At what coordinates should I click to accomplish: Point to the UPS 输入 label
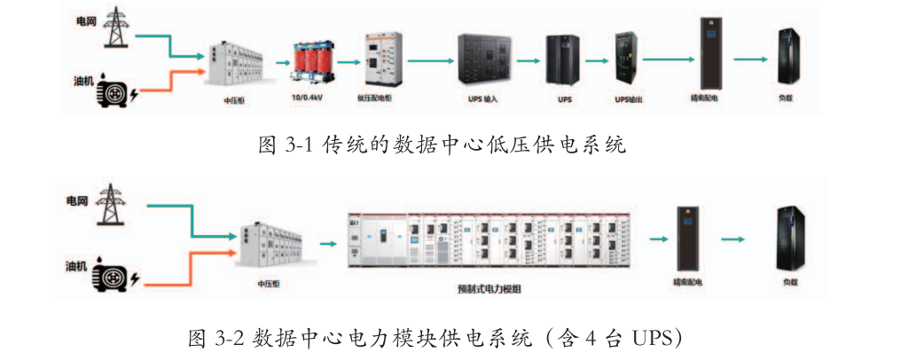pyautogui.click(x=482, y=98)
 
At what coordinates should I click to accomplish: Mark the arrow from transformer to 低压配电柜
pyautogui.click(x=348, y=62)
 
